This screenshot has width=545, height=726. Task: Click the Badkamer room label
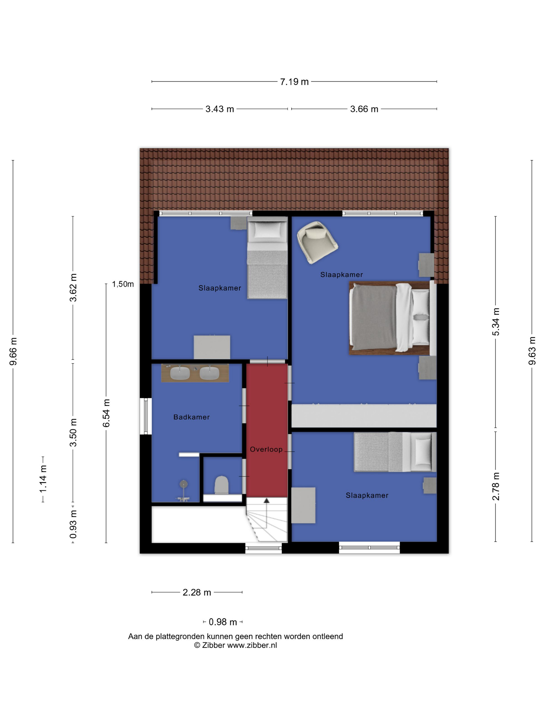(x=192, y=417)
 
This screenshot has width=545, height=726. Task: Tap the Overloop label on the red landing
(x=266, y=450)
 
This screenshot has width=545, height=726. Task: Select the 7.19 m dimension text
(x=294, y=82)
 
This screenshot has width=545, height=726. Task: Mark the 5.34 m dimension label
(x=496, y=322)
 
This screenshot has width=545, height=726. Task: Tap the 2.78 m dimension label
(x=496, y=486)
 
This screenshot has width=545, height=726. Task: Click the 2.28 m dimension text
(x=197, y=592)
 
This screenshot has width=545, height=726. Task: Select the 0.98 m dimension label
(x=223, y=622)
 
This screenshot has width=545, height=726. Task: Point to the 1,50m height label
(x=123, y=284)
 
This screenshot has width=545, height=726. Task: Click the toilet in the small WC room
(x=221, y=485)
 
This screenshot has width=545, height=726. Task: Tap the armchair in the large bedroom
(x=317, y=242)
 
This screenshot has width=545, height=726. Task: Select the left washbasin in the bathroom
(x=180, y=373)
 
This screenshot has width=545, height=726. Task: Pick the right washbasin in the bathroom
(x=209, y=373)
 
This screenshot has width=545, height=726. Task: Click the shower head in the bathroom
(x=183, y=484)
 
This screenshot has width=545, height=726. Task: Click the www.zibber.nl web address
(x=252, y=645)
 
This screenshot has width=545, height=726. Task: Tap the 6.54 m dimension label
(x=106, y=413)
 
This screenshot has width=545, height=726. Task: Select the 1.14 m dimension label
(x=43, y=479)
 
